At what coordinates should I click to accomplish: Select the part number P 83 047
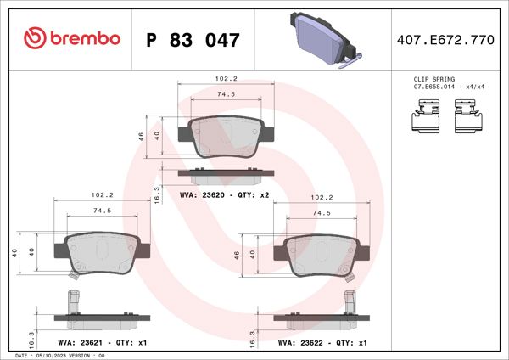click(193, 39)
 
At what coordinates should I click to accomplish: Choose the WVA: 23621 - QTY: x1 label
click(100, 343)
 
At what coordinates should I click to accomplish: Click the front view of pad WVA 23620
click(226, 137)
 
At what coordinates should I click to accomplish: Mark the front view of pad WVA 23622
click(322, 252)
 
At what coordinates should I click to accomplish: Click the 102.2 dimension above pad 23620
click(226, 79)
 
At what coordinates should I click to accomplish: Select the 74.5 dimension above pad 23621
click(101, 210)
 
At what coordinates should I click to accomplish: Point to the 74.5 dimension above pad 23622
click(322, 212)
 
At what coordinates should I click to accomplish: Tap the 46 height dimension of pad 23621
click(14, 252)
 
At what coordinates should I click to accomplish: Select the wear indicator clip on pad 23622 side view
click(349, 301)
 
